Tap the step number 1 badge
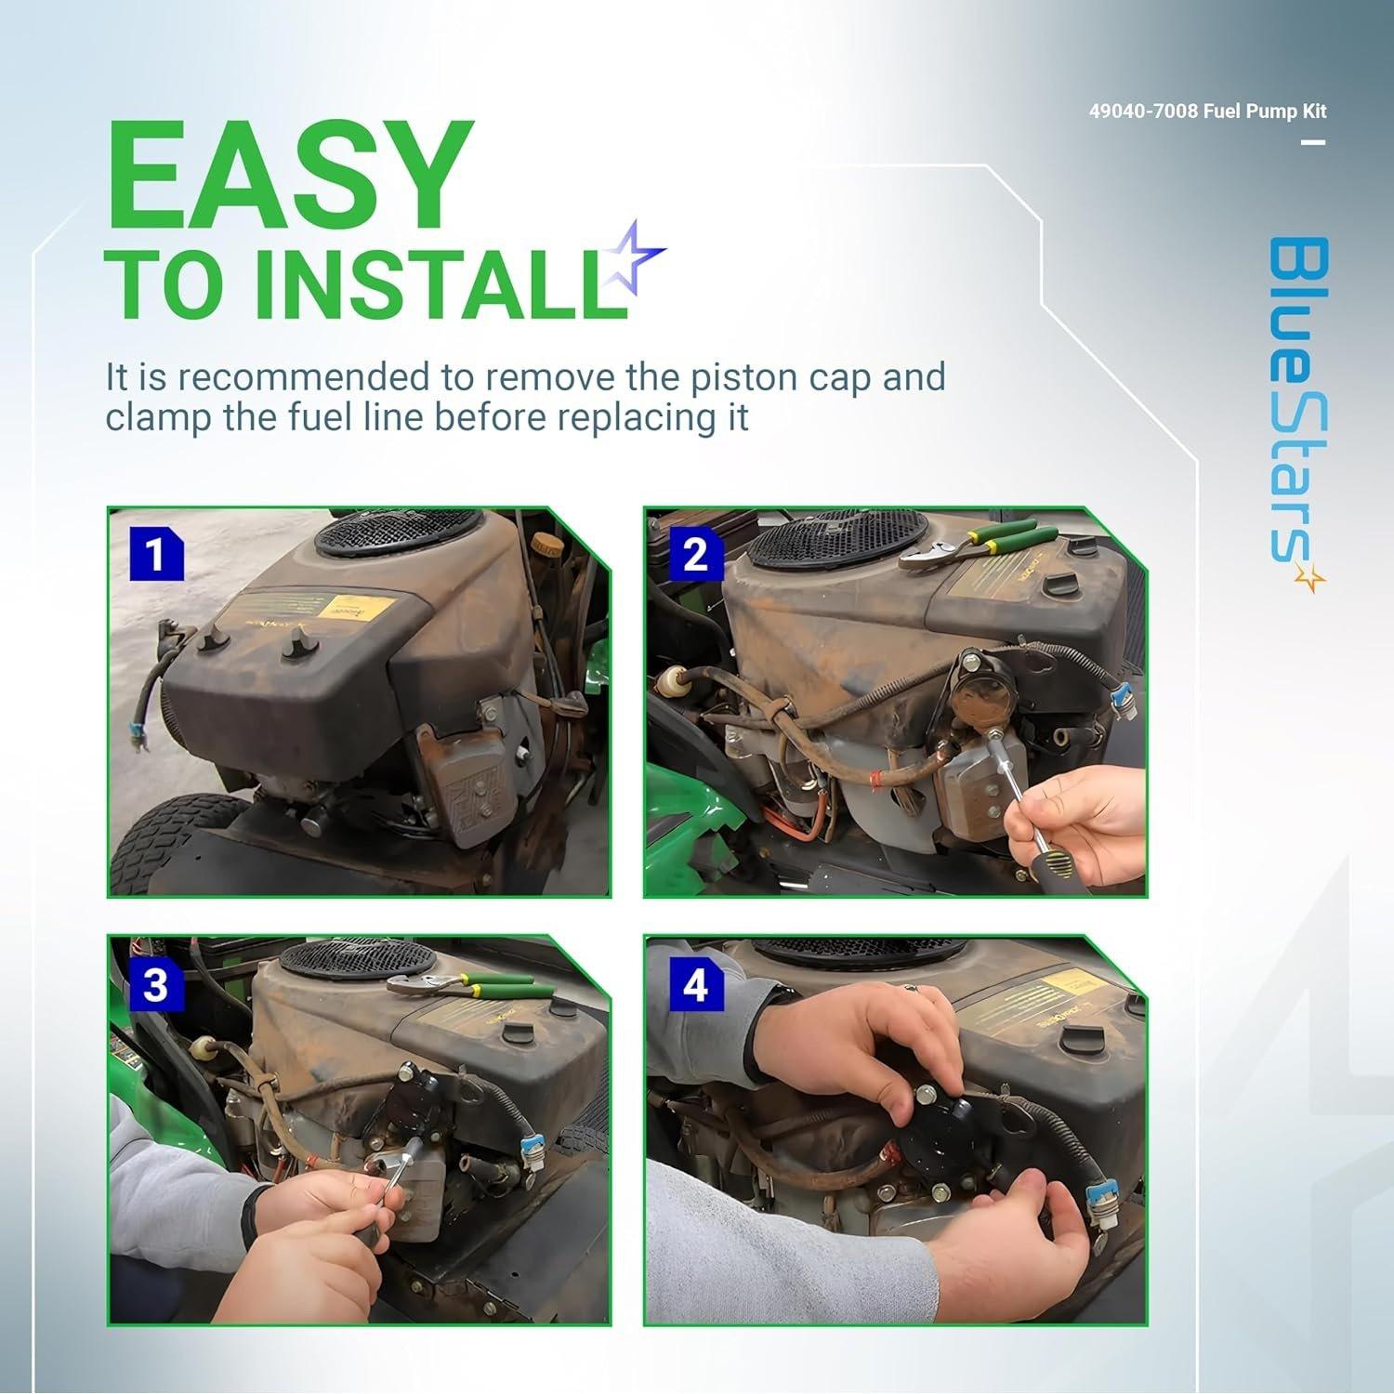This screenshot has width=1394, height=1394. pos(155,555)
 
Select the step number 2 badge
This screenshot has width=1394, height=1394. pos(694,555)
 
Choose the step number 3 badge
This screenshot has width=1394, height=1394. pos(155,984)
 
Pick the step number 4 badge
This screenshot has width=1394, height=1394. pos(694,984)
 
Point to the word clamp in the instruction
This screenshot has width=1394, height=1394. pos(158,417)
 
